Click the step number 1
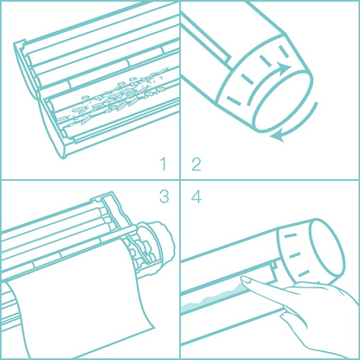click(x=162, y=164)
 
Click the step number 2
click(x=196, y=164)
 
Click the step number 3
click(x=162, y=196)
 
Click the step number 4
click(x=196, y=196)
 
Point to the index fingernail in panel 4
click(x=247, y=279)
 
